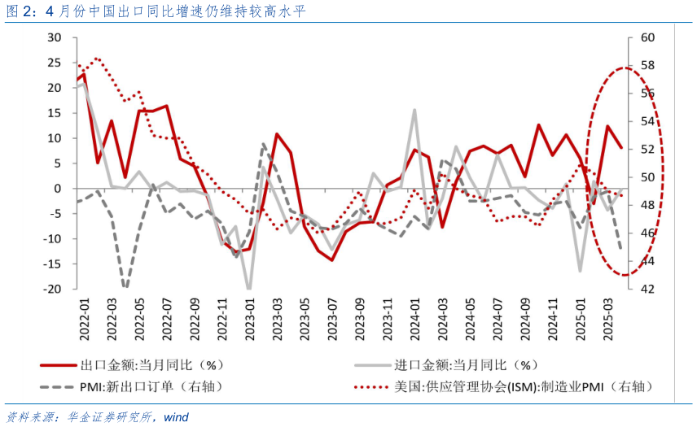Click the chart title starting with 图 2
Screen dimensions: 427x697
pos(155,11)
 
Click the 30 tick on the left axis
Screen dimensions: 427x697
pos(55,37)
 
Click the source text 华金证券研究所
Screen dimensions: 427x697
pos(113,417)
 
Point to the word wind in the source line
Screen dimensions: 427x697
pos(176,417)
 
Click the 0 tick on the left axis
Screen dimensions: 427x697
pos(59,188)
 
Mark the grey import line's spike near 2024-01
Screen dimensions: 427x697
pos(414,110)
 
